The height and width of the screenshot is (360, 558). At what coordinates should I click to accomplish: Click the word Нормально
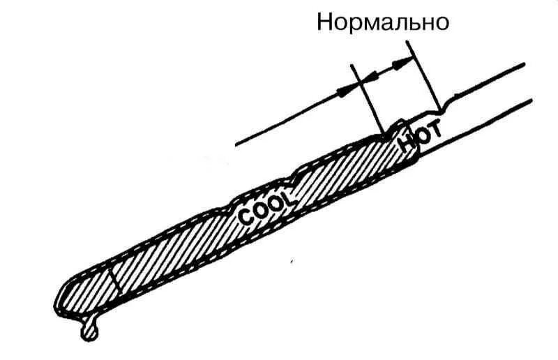(x=382, y=22)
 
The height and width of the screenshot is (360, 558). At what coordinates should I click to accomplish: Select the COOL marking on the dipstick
(x=267, y=206)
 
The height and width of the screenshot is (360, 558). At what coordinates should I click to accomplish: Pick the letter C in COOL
(x=246, y=217)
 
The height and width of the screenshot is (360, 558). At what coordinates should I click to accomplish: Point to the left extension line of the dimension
(x=367, y=98)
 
